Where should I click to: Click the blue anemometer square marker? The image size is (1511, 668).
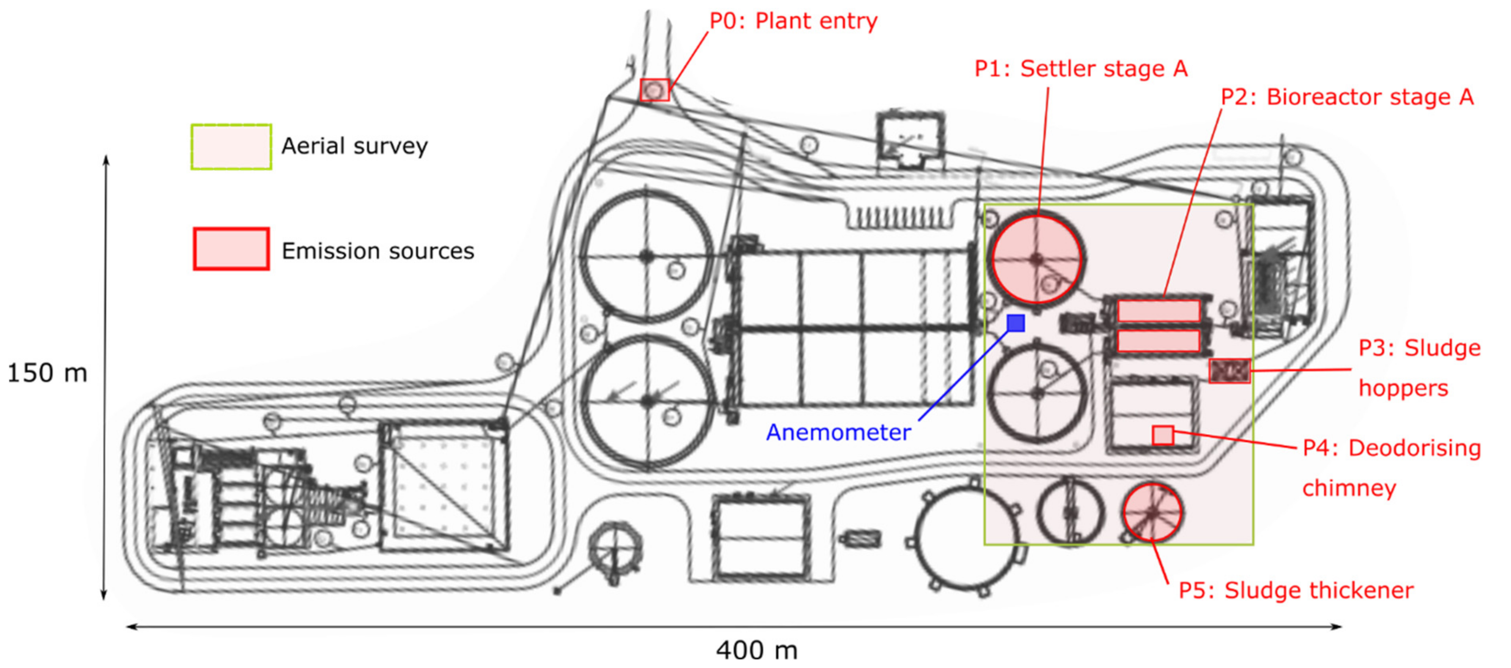point(1015,323)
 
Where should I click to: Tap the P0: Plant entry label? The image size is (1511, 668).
point(793,21)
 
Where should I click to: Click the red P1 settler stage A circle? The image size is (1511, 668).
point(1036,259)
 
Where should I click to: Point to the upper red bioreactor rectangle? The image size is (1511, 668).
point(1158,311)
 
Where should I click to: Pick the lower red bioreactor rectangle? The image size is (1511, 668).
point(1158,341)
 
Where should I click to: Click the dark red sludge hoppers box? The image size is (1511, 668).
point(1229,371)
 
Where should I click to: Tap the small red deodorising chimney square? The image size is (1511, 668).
point(1162,435)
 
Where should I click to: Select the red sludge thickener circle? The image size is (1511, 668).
point(1152,512)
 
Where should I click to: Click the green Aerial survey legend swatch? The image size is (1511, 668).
point(231,147)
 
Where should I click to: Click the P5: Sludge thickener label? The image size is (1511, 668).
point(1296,591)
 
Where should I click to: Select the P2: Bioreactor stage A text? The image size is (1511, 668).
point(1347,97)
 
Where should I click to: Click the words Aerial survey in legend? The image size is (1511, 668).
point(354,146)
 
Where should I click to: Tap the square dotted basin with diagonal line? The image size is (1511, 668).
point(444,487)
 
